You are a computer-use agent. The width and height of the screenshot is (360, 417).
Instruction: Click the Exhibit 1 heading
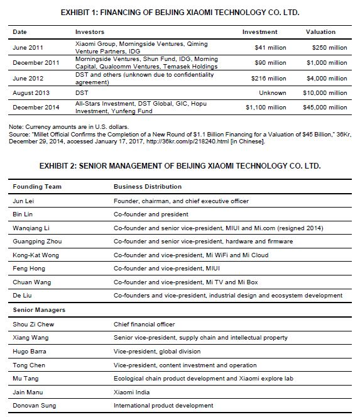pos(180,13)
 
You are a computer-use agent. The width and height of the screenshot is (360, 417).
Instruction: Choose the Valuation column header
pos(320,31)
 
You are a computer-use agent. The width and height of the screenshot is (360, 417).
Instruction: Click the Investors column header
pos(90,31)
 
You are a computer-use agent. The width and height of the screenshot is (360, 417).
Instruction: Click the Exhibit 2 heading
pos(180,167)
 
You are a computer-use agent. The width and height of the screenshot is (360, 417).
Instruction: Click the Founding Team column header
pos(36,186)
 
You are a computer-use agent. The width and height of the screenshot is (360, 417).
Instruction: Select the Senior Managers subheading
pos(39,310)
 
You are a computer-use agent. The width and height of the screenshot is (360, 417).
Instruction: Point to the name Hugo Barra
pos(30,351)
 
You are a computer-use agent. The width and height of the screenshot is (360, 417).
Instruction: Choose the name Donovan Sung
pos(35,406)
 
